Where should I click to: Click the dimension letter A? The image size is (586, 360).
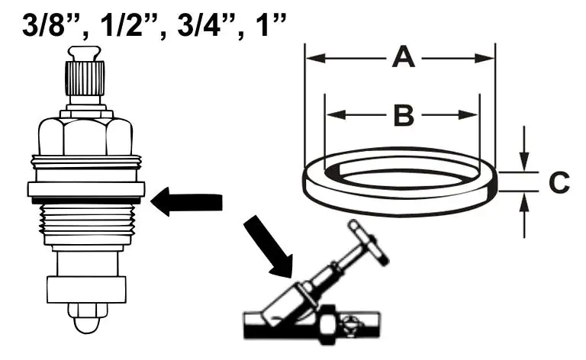coord(403,57)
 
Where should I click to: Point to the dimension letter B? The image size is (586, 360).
coord(404,115)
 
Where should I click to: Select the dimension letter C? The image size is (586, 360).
coord(559,182)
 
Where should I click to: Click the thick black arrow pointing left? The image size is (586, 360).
coord(186,201)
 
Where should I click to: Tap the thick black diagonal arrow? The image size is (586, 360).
coord(269,246)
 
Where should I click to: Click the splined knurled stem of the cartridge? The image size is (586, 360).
coord(85,78)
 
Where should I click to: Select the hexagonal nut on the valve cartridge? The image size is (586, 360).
coord(85,136)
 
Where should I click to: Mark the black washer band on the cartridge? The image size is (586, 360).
coord(86,201)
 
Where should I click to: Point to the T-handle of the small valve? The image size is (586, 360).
coord(369,243)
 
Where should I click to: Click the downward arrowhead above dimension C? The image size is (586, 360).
coord(525,162)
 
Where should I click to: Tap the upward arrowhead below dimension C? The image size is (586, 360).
coord(525,201)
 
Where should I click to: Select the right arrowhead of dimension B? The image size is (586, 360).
coord(468,115)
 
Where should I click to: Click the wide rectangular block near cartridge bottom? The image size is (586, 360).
coord(86,289)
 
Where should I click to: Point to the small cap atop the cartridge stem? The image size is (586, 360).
coord(85,53)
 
